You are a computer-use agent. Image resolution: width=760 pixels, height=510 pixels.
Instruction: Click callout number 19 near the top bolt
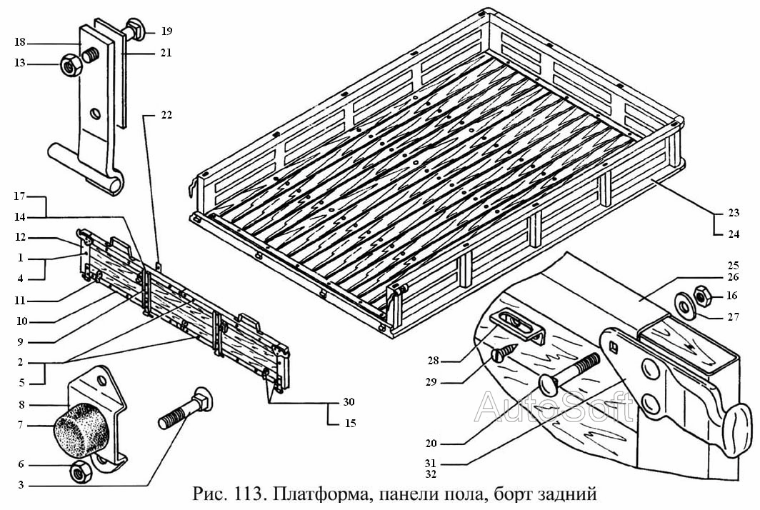tap(166, 31)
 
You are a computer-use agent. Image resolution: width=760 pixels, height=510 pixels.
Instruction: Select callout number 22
tap(166, 114)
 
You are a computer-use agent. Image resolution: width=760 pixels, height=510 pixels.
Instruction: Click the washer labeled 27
tap(684, 307)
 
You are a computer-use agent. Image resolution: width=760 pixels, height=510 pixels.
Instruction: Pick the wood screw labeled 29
tap(506, 351)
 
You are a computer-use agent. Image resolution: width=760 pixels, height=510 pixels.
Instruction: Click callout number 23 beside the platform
tap(734, 213)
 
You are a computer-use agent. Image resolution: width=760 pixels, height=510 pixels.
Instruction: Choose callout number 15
tap(349, 423)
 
